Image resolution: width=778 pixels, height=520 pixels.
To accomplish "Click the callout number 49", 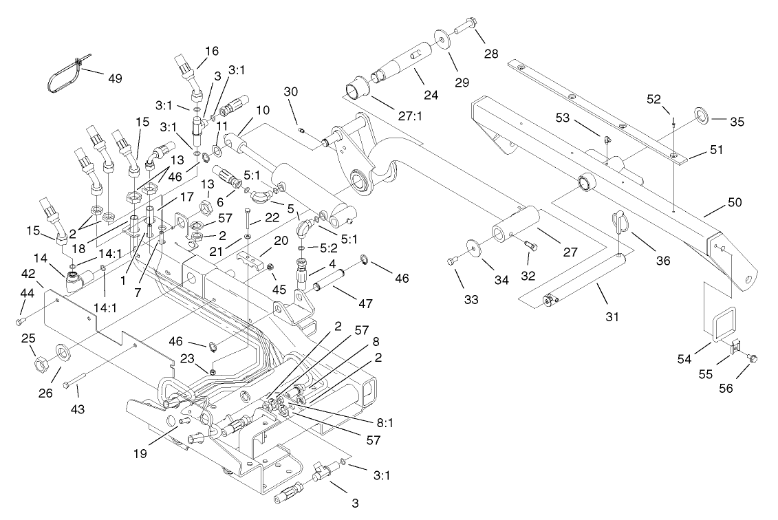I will click(x=114, y=78).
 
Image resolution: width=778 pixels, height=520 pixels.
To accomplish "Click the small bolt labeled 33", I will click(x=452, y=260).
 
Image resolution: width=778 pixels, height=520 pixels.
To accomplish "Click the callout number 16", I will click(x=211, y=51).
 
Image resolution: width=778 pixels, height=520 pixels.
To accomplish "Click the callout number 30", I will click(x=291, y=91).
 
